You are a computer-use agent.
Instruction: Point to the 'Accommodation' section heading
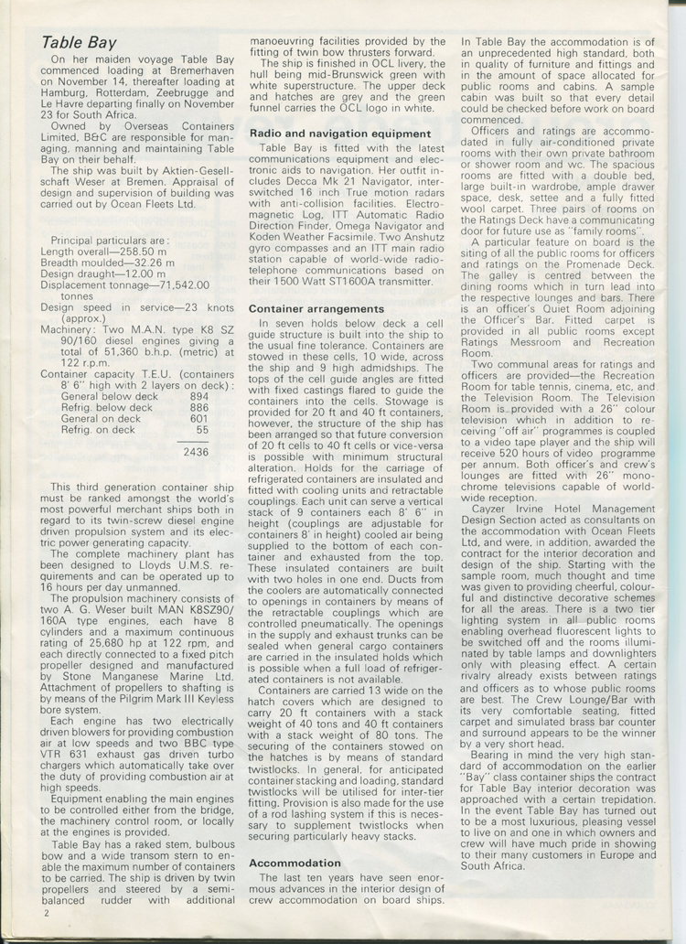[x=295, y=863]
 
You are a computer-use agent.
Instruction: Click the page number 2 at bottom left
[x=43, y=912]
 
